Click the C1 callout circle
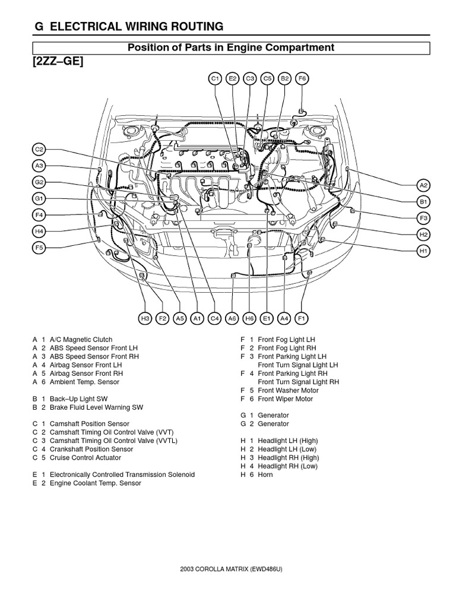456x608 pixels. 215,78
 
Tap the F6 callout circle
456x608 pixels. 302,78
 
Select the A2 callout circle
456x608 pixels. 423,185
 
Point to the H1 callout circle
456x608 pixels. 423,252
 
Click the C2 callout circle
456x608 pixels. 39,150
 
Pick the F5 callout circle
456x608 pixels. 39,247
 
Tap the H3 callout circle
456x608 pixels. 145,319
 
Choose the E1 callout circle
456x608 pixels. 267,319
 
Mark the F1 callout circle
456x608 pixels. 301,319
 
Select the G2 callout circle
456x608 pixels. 39,182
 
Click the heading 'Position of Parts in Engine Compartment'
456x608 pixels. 232,47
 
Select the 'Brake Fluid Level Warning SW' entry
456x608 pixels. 96,408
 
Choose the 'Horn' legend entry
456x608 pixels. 265,475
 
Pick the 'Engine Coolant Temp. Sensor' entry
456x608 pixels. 95,483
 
